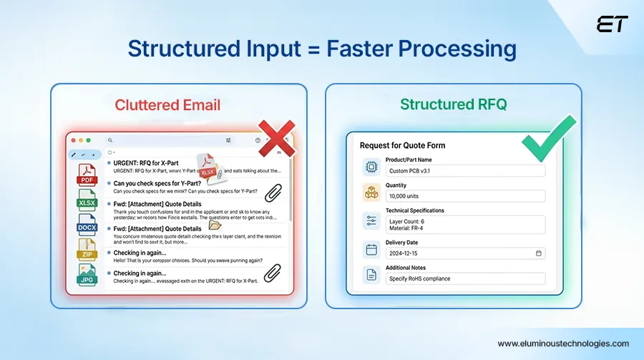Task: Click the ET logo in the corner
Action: (x=612, y=24)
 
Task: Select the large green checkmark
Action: (x=549, y=138)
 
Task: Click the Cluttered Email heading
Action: (x=167, y=105)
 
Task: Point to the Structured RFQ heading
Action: (x=453, y=104)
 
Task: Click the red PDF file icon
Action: (x=87, y=175)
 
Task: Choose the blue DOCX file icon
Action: (x=87, y=224)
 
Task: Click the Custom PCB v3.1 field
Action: (x=464, y=171)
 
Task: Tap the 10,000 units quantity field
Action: (x=464, y=196)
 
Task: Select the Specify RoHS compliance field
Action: (x=464, y=278)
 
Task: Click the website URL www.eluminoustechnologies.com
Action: (x=562, y=344)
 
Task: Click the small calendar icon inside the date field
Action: (x=538, y=253)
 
